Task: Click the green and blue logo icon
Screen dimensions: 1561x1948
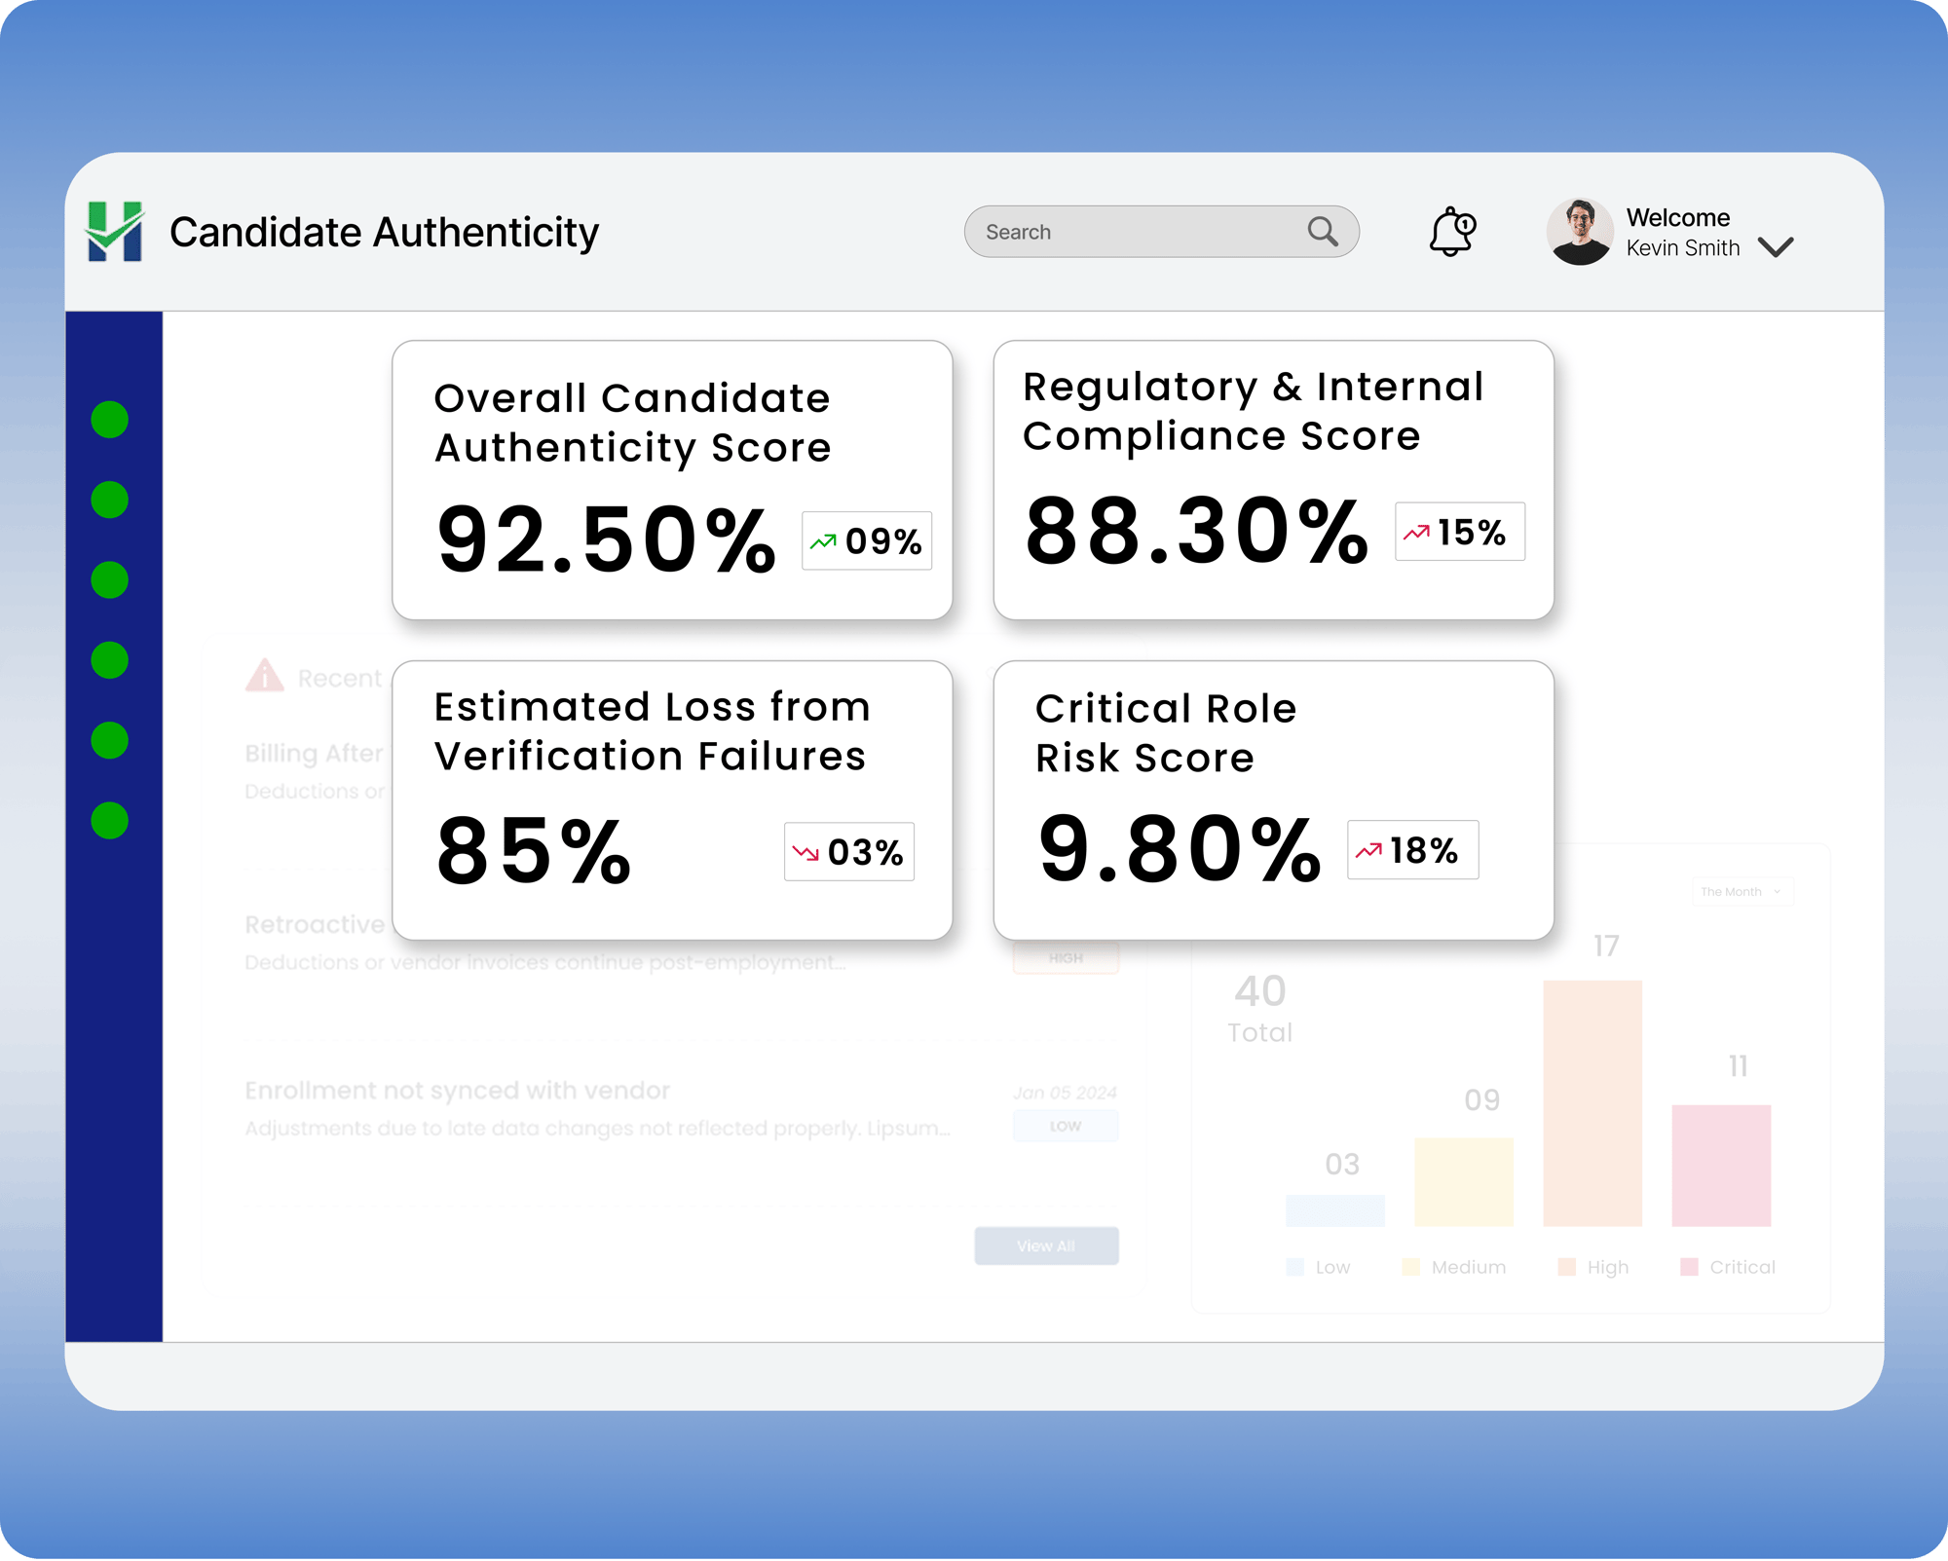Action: [115, 232]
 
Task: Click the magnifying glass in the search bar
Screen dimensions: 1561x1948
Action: [1322, 232]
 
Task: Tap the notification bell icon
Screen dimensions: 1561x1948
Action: [1451, 232]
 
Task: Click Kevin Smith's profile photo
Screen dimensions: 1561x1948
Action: [1579, 232]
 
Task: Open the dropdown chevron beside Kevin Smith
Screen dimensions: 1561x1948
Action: [1776, 247]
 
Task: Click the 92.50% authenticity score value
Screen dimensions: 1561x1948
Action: [606, 540]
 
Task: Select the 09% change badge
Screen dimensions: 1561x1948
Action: [866, 540]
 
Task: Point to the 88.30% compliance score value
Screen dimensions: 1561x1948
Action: [1196, 532]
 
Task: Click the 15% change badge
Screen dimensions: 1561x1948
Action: [1459, 532]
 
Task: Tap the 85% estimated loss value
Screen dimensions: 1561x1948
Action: [534, 852]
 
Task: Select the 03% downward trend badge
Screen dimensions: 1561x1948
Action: [848, 852]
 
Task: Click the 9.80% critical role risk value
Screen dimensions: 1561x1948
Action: [1179, 850]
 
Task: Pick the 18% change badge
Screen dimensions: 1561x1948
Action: [1412, 850]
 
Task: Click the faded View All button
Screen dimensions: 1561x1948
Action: [1046, 1245]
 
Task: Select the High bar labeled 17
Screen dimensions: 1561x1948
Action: [1592, 1102]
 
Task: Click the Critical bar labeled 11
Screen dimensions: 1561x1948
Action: [1721, 1165]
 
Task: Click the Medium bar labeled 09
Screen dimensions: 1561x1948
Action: [1463, 1181]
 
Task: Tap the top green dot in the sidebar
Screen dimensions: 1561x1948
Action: [110, 420]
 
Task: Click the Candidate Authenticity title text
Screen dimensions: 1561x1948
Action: [384, 233]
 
